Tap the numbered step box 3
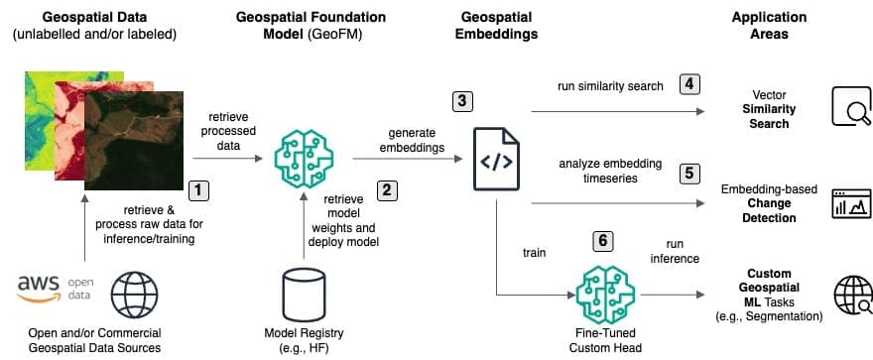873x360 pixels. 461,101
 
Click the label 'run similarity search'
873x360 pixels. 610,86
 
